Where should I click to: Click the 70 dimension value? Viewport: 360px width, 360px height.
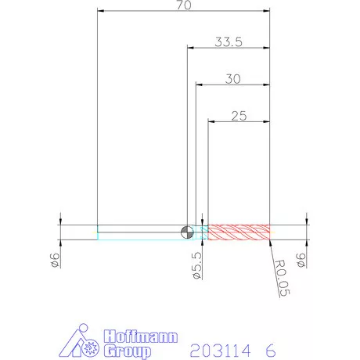point(184,5)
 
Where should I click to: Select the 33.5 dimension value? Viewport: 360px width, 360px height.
point(229,41)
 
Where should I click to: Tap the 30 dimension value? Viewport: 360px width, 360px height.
point(232,79)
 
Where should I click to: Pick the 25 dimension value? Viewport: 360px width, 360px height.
point(239,116)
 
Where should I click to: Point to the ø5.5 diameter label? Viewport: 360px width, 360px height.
point(197,265)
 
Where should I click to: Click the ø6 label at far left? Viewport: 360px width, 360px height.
point(55,260)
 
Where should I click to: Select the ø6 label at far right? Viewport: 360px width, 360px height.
point(301,260)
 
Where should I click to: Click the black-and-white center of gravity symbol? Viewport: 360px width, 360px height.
point(187,232)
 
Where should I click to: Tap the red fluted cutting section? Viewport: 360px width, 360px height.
point(239,232)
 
